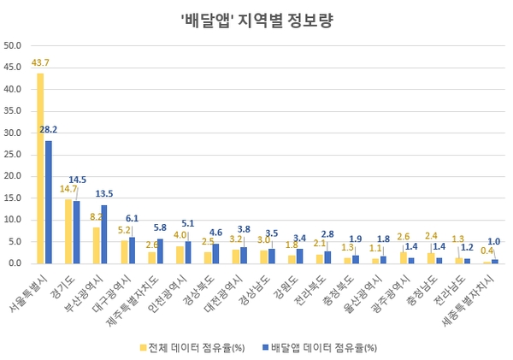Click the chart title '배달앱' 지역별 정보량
pyautogui.click(x=256, y=20)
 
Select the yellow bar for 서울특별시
pyautogui.click(x=40, y=168)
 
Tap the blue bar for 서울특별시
pyautogui.click(x=49, y=202)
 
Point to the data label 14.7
pyautogui.click(x=68, y=189)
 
